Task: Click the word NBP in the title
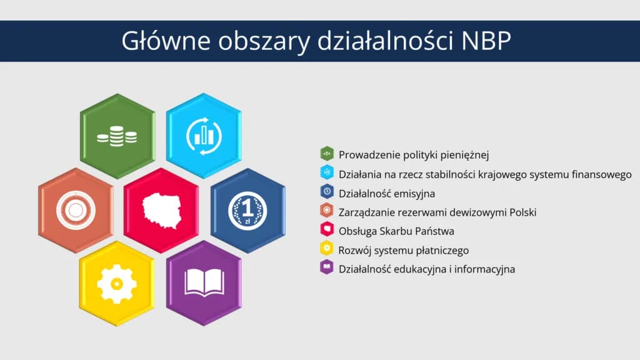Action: click(x=486, y=41)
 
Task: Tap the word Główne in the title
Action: click(x=166, y=41)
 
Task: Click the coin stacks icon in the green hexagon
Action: click(x=117, y=136)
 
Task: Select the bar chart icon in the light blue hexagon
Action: click(x=204, y=136)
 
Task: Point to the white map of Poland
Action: click(x=162, y=211)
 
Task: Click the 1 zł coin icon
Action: click(x=247, y=211)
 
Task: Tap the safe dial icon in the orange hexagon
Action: click(x=76, y=211)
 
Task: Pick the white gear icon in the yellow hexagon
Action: click(x=117, y=284)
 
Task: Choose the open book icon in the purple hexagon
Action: click(x=204, y=282)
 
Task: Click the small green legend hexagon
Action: click(x=327, y=154)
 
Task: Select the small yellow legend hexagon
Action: click(x=327, y=248)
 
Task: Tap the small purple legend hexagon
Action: click(x=327, y=267)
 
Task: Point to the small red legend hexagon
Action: click(x=327, y=229)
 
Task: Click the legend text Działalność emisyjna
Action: click(x=387, y=194)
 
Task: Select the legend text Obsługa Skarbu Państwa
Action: click(x=396, y=231)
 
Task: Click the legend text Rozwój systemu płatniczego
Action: click(x=404, y=250)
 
